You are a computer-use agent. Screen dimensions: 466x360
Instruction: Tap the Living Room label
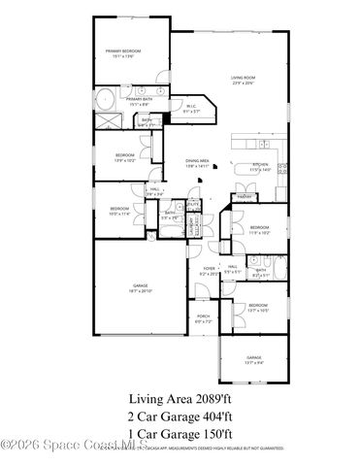tap(243, 81)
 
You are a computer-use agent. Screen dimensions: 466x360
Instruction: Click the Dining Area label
tap(198, 165)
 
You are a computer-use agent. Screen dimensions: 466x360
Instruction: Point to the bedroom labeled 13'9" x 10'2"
tap(124, 158)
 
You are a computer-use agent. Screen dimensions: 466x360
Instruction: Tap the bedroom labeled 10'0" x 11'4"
tap(119, 212)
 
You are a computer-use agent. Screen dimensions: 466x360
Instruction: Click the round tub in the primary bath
tap(104, 99)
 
